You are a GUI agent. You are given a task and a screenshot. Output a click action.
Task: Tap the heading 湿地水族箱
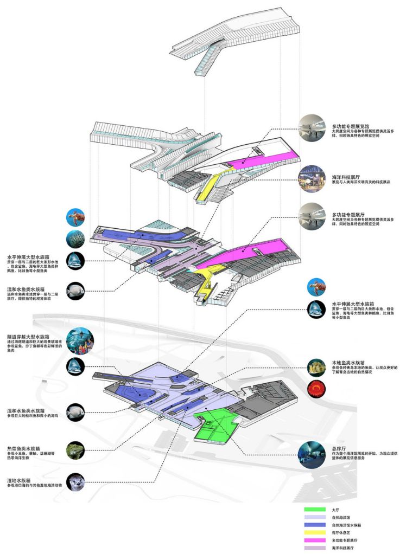(x=20, y=479)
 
